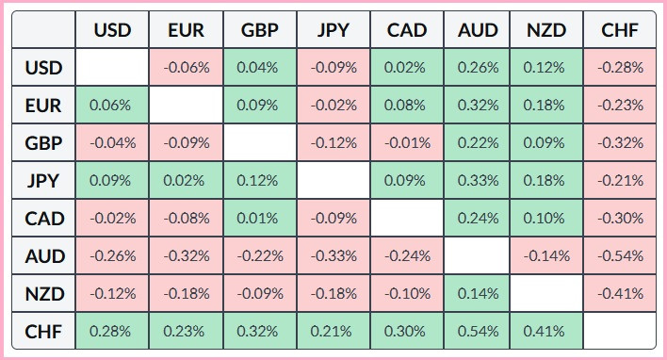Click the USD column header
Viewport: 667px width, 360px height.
pos(112,31)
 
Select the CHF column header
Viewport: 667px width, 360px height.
pos(620,31)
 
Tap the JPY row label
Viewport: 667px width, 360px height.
pos(44,181)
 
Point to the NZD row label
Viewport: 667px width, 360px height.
pos(44,293)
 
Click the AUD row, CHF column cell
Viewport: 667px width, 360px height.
pos(620,255)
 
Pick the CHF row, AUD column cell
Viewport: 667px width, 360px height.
pos(478,331)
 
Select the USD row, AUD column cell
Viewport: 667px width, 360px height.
pos(478,68)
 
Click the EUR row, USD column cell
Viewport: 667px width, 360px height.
pos(112,106)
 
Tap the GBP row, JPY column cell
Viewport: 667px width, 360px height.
pos(333,143)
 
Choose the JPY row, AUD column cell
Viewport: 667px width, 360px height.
pos(478,181)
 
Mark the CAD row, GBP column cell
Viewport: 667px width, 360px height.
pos(259,219)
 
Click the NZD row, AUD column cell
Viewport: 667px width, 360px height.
pos(478,293)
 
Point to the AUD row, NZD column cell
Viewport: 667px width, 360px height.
pos(547,255)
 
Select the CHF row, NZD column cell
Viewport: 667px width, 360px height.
pos(547,331)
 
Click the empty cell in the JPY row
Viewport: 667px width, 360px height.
pos(333,181)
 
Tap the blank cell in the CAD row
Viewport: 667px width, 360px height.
pos(406,219)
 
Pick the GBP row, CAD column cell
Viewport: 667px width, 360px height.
pos(406,143)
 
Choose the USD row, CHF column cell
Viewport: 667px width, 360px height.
pos(620,68)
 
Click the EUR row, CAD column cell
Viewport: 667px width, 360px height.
pos(406,106)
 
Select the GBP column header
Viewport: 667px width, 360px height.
pos(259,31)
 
